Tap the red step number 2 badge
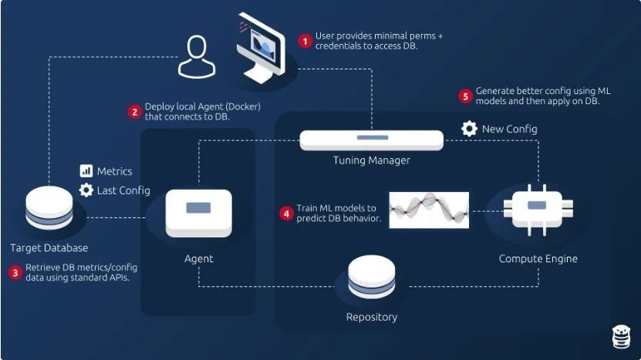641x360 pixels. [x=134, y=111]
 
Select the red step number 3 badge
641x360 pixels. [x=15, y=272]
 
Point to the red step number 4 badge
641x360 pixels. [x=286, y=213]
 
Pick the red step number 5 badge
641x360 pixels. [x=464, y=96]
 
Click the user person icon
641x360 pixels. [x=197, y=57]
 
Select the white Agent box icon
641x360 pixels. [x=198, y=212]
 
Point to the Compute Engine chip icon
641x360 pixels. [x=537, y=205]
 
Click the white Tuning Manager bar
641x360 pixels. [x=371, y=140]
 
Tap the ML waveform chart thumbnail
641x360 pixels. [x=428, y=210]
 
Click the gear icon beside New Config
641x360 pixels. [x=469, y=129]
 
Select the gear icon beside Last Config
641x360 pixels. [x=86, y=190]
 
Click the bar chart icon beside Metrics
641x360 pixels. [x=86, y=170]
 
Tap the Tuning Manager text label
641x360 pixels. [x=371, y=160]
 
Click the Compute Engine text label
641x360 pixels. [x=538, y=258]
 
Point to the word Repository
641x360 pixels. [x=371, y=317]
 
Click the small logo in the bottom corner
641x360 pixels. [x=621, y=337]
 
